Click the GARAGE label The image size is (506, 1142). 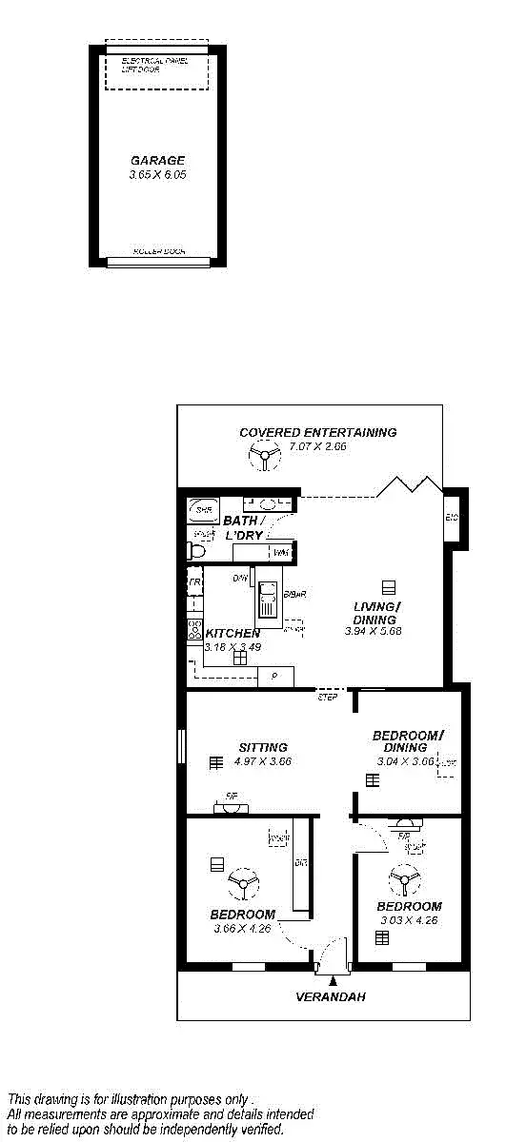click(x=157, y=161)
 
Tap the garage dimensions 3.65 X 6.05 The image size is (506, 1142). click(x=157, y=175)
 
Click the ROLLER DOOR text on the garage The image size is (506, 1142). click(x=158, y=252)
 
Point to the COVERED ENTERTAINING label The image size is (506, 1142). click(x=317, y=432)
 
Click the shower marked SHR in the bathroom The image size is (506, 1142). click(x=202, y=510)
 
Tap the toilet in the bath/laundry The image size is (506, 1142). click(x=197, y=550)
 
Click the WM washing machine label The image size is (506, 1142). click(x=280, y=553)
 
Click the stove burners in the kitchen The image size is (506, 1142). click(x=194, y=629)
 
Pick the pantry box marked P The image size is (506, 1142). click(x=275, y=676)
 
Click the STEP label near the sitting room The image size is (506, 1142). click(x=328, y=698)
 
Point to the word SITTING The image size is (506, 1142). click(x=263, y=747)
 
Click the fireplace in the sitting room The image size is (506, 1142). click(x=232, y=808)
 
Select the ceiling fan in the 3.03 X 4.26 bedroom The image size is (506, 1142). click(x=404, y=880)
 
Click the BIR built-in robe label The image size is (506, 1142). click(x=300, y=863)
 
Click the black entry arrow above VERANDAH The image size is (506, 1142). click(x=333, y=979)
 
